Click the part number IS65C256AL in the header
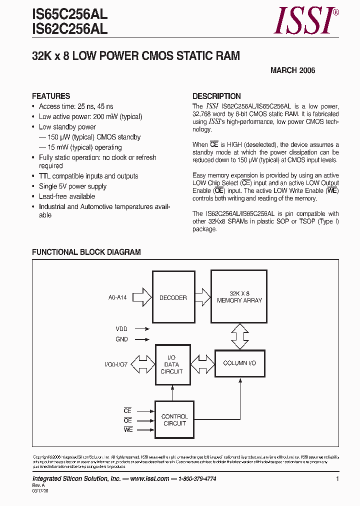(x=69, y=15)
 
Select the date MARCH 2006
(x=292, y=70)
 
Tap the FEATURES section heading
(x=51, y=96)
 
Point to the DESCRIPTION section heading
(x=216, y=96)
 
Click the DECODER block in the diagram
(x=173, y=297)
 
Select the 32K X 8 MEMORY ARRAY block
(x=239, y=297)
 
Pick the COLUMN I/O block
(x=239, y=363)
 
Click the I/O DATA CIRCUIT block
(x=172, y=364)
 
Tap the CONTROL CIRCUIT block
(x=174, y=420)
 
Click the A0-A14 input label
(x=117, y=297)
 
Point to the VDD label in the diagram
(x=121, y=329)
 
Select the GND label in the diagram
(x=121, y=339)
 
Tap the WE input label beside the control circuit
(x=128, y=430)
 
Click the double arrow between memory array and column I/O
(x=239, y=336)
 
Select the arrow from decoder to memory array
(x=202, y=296)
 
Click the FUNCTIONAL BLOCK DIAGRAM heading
(x=86, y=252)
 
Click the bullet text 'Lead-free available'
(x=67, y=196)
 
